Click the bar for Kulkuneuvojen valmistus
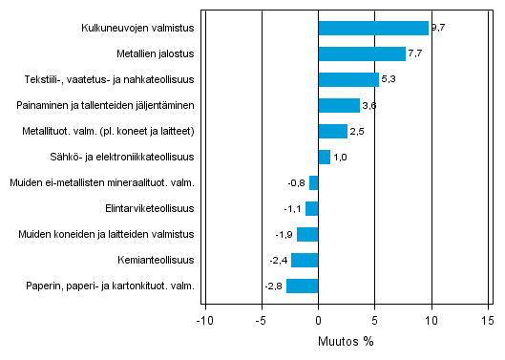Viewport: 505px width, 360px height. point(373,28)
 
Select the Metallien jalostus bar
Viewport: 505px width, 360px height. point(362,53)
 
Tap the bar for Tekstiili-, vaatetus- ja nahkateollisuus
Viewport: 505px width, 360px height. point(348,79)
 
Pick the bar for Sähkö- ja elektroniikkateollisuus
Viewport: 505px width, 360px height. point(324,157)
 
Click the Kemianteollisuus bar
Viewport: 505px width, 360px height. point(305,260)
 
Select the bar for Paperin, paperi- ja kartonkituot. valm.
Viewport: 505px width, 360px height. point(302,286)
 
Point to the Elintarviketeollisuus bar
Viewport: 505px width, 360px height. point(311,208)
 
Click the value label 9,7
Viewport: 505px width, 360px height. point(438,29)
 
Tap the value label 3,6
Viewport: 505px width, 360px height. point(369,106)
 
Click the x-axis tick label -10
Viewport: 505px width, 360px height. point(204,321)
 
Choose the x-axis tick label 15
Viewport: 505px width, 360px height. point(488,321)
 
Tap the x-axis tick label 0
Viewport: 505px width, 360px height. point(318,321)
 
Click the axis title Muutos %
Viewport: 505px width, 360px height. point(346,341)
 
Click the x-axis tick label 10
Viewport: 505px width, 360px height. point(431,321)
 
